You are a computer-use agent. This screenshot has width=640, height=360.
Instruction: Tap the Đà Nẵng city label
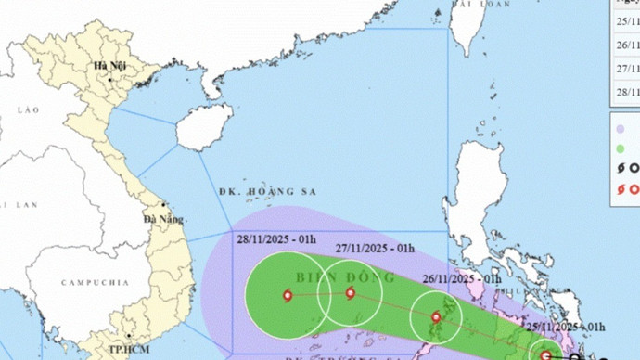click(161, 219)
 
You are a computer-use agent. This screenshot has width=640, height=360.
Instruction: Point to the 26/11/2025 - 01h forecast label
click(462, 278)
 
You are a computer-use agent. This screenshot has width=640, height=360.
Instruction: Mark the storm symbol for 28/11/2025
click(287, 296)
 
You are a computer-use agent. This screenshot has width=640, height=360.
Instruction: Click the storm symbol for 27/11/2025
click(351, 293)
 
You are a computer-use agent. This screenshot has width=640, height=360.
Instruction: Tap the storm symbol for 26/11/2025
click(437, 317)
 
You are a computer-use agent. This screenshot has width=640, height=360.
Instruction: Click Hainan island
click(204, 127)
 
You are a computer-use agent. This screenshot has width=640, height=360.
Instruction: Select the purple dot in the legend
click(619, 126)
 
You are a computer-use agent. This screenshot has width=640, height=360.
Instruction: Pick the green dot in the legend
click(619, 148)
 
